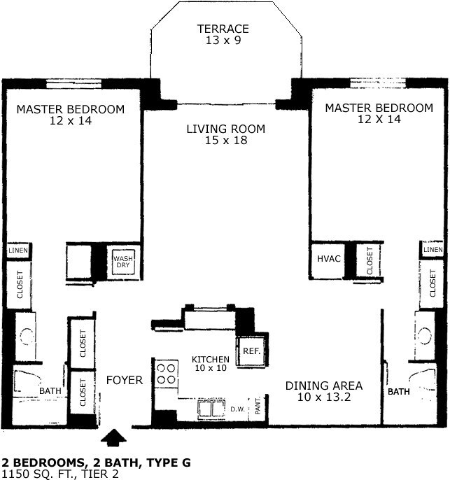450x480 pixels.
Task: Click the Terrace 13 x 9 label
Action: click(x=223, y=34)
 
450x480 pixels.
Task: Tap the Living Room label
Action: click(x=225, y=134)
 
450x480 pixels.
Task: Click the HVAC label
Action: click(x=328, y=259)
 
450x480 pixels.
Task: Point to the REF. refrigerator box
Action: click(x=251, y=351)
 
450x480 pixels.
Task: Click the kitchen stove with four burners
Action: click(x=166, y=373)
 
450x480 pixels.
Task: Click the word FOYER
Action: click(x=124, y=381)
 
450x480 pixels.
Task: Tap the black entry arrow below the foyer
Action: click(x=113, y=438)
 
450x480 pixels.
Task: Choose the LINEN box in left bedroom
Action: click(x=17, y=250)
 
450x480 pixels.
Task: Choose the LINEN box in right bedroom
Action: click(x=433, y=250)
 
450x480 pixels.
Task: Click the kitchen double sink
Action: click(x=209, y=408)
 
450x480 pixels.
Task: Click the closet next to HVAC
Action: click(x=369, y=260)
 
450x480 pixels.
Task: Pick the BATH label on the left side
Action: click(x=50, y=391)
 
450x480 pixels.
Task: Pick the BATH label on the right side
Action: click(x=399, y=392)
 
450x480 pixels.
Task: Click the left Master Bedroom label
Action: click(x=71, y=115)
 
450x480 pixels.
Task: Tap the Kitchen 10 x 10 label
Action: click(x=211, y=364)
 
